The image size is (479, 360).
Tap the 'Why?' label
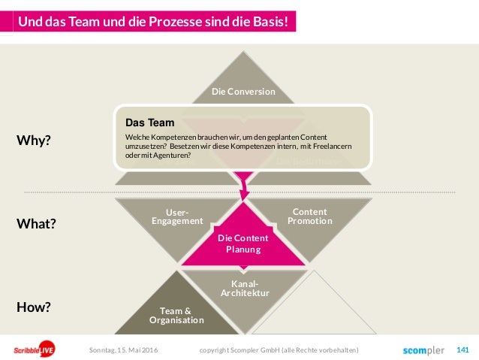33,140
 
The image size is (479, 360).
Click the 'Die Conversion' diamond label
243,92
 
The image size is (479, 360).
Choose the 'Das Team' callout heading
150,122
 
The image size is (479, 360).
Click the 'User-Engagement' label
177,216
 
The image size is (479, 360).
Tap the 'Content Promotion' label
309,216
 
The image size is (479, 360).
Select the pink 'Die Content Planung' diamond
243,243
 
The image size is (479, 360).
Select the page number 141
462,349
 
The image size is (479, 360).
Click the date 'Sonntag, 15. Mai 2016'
123,350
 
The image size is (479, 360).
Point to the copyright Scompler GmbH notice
279,350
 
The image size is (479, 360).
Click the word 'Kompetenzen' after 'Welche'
170,138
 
